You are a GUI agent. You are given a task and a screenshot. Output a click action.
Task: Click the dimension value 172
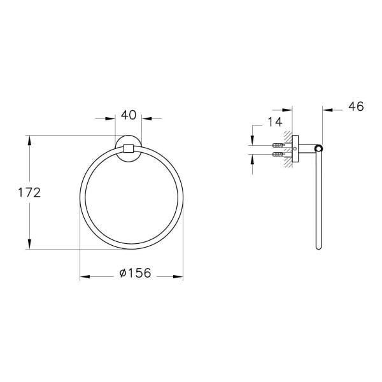tap(29, 192)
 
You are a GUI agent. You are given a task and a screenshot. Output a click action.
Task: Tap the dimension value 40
tap(129, 115)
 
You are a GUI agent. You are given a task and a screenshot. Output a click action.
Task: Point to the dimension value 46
tap(355, 106)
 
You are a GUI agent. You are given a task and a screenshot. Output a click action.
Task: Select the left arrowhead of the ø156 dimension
tap(85, 276)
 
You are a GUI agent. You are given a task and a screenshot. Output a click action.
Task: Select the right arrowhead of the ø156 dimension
tap(178, 276)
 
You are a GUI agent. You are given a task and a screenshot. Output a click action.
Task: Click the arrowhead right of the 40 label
tap(146, 118)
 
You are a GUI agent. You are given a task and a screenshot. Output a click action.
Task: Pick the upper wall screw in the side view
tap(278, 145)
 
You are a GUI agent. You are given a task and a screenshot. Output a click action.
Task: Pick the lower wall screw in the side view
tap(278, 153)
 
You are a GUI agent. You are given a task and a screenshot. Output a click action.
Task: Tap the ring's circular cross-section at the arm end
tap(319, 150)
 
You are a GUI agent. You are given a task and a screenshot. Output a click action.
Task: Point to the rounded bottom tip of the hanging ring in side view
tap(319, 248)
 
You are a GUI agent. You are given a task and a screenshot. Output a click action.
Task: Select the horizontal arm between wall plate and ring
tap(307, 150)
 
